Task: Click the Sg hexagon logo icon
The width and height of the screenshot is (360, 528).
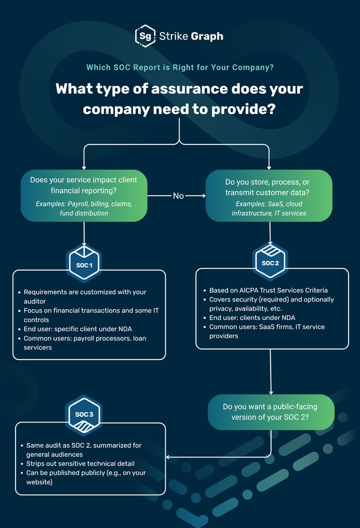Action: [x=145, y=36]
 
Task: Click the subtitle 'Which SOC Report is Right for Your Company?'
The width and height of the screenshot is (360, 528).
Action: [x=180, y=68]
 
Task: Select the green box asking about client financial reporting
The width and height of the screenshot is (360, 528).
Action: [x=84, y=196]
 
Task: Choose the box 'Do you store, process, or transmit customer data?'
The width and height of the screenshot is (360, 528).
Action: [x=269, y=196]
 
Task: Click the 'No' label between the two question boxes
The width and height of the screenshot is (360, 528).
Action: [x=178, y=196]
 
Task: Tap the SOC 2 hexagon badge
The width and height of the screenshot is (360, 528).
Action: [x=270, y=263]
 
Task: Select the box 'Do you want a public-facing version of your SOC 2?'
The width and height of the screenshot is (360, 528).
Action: [x=270, y=412]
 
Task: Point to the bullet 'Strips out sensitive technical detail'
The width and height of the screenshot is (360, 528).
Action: [x=80, y=463]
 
